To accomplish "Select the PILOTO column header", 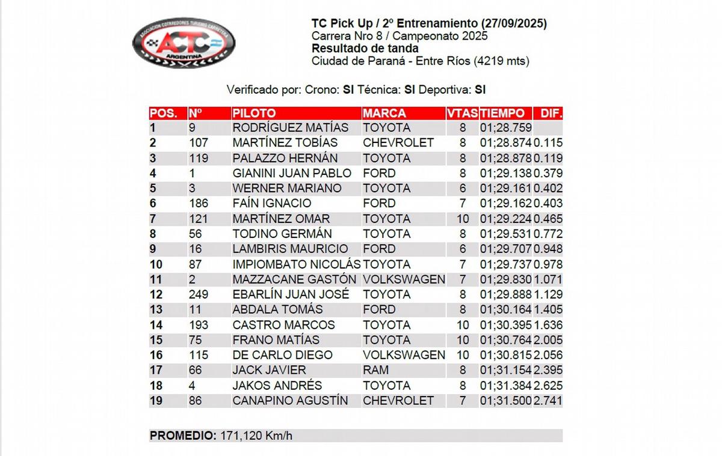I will click(254, 113).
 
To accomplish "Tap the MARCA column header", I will click(384, 113).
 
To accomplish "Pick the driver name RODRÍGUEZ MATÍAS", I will click(290, 128).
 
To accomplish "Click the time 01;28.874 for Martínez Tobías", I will click(505, 143).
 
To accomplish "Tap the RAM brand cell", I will click(375, 370).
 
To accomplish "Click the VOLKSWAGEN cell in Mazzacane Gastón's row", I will click(404, 279).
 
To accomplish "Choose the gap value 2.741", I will click(548, 401).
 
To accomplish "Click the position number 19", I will click(156, 401).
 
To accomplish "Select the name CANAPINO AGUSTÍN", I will click(290, 401).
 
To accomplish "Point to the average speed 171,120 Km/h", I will click(256, 436).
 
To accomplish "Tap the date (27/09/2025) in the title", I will click(514, 23).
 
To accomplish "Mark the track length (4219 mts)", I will click(502, 61).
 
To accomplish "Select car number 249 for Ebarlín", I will click(199, 294).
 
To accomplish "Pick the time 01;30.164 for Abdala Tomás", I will click(505, 309).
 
